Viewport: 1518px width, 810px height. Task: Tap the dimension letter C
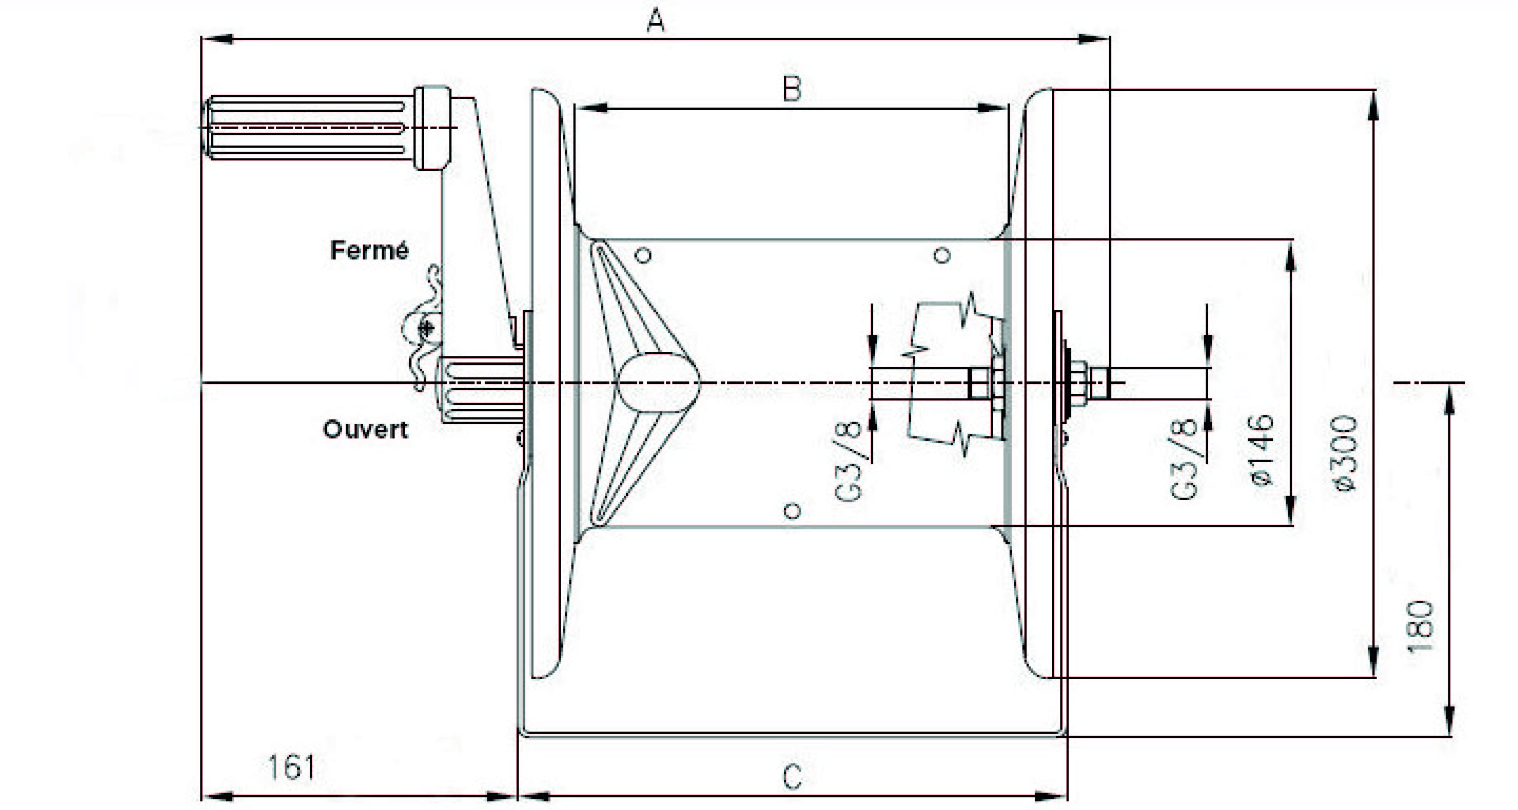(x=792, y=777)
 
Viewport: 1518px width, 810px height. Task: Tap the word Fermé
(x=369, y=250)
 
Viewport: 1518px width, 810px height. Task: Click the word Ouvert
(x=365, y=429)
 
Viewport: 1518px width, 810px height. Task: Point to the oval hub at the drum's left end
(x=658, y=383)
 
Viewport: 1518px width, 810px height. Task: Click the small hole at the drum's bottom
(x=793, y=511)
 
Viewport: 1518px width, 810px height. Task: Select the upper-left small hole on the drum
(x=644, y=255)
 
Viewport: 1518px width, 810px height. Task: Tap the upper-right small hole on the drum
(x=943, y=255)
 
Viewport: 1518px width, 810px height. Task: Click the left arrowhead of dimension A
(x=218, y=39)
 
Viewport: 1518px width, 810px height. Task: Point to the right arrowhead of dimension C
(x=1051, y=796)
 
